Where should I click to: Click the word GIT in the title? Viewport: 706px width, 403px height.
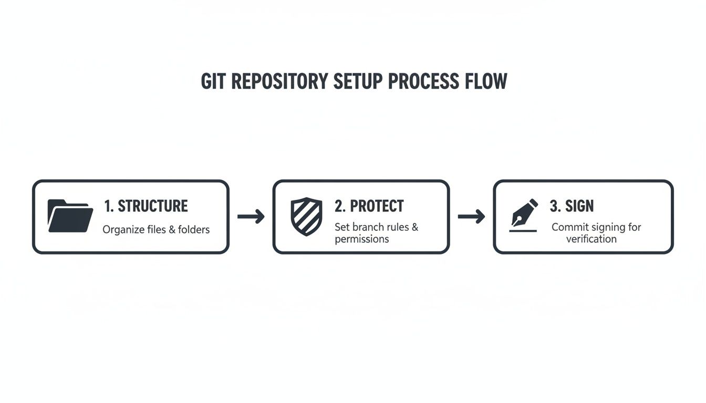tap(214, 82)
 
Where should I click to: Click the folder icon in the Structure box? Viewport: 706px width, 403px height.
tap(70, 216)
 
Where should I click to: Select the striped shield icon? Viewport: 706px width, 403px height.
tap(306, 216)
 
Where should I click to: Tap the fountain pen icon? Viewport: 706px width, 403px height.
tap(525, 213)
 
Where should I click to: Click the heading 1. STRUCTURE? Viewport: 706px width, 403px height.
tap(146, 206)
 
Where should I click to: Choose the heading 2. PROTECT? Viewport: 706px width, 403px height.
tap(369, 206)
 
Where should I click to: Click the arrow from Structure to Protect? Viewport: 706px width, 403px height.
tap(251, 216)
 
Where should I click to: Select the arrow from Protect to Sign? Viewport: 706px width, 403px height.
tap(471, 216)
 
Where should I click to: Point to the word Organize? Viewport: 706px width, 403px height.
tap(122, 230)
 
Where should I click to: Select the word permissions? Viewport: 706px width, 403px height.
tap(361, 239)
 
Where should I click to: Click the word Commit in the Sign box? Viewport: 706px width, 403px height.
tap(567, 227)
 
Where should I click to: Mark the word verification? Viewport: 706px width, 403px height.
tap(591, 239)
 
